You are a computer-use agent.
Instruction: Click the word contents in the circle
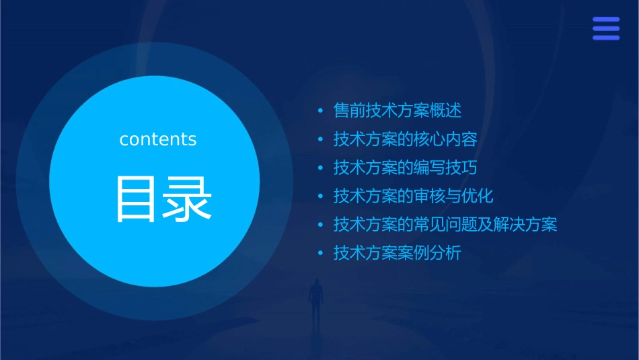coord(158,139)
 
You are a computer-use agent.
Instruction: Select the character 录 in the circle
coord(186,199)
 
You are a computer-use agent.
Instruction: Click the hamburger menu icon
coord(606,29)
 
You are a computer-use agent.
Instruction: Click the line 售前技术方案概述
coord(398,110)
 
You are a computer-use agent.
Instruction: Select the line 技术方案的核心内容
coord(406,139)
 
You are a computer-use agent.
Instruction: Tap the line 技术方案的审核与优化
coord(414,196)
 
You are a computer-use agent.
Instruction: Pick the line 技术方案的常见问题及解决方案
coord(445,225)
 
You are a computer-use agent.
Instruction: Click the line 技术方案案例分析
coord(398,254)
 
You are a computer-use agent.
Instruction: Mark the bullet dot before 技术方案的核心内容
coord(320,140)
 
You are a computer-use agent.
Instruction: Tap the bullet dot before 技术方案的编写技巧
coord(320,168)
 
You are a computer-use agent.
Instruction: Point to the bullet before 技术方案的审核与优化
coord(320,197)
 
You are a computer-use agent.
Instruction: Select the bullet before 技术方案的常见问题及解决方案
coord(320,225)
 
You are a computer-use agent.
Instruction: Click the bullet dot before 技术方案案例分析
coord(320,254)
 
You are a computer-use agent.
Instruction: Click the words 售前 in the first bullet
coord(350,110)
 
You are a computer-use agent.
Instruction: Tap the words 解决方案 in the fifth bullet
coord(525,225)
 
